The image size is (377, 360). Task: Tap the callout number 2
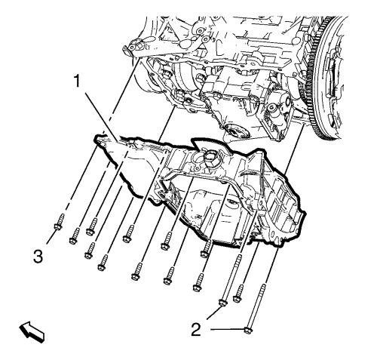click(x=196, y=329)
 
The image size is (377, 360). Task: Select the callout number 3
click(x=38, y=257)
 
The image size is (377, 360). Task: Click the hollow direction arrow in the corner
click(x=32, y=331)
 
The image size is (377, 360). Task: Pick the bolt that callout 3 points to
click(x=59, y=222)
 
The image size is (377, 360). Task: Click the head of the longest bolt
click(x=248, y=330)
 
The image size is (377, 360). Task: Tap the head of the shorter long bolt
click(x=223, y=303)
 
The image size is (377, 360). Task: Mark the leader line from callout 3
click(x=51, y=236)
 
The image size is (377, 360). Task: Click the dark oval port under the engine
click(x=235, y=131)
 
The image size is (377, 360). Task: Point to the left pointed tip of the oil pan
click(x=96, y=139)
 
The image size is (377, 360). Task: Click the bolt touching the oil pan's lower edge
click(x=206, y=249)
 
